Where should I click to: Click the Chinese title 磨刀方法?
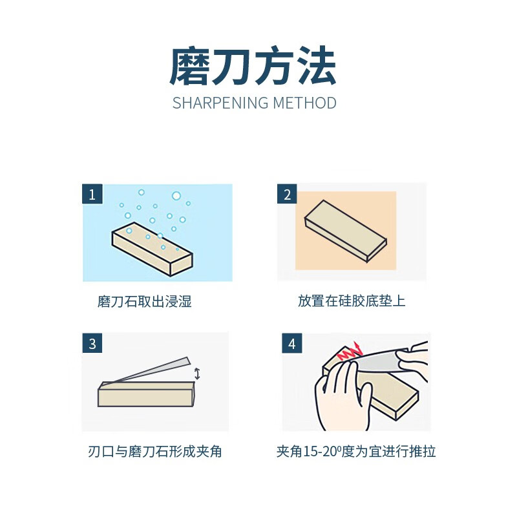coord(253,67)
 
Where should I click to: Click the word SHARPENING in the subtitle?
coord(220,103)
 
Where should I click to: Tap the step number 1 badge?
coord(92,194)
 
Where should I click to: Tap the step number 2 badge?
coord(288,194)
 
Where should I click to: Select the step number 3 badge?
coord(92,344)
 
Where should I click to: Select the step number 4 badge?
coord(292,344)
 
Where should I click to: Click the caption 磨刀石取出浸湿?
coord(145,301)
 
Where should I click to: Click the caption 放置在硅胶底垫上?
coord(352,301)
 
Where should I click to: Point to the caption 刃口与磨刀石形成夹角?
coord(154,452)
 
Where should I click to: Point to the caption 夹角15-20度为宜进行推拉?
coord(356,452)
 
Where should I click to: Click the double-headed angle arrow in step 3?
coord(197,373)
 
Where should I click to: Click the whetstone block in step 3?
coord(146,394)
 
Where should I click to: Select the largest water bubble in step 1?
coord(176,195)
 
